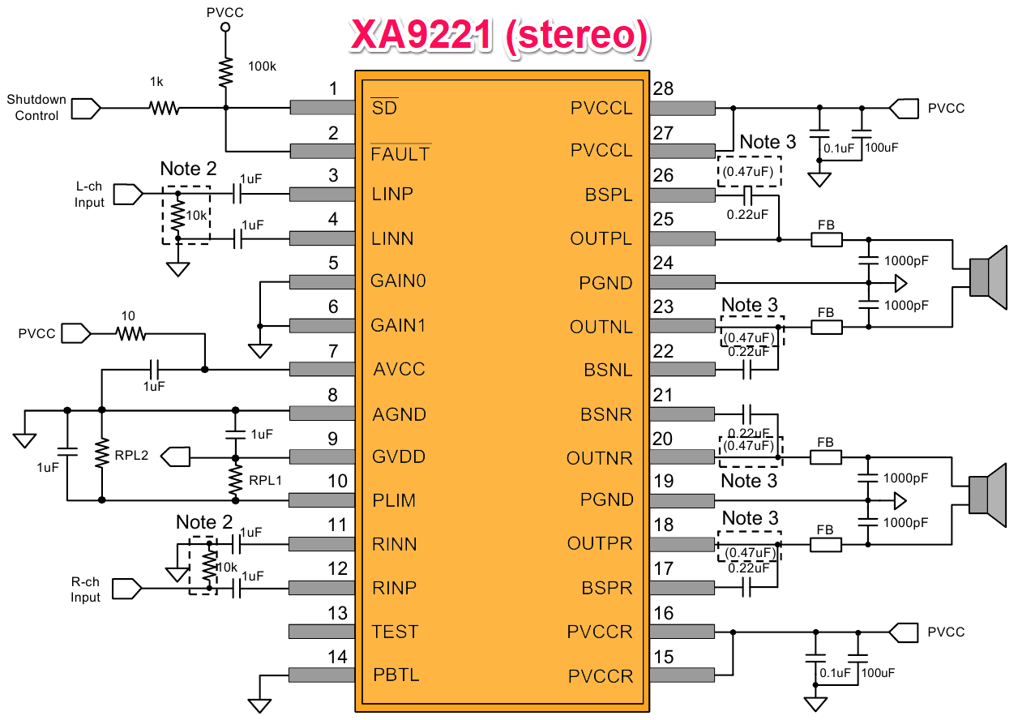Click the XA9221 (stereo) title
[500, 35]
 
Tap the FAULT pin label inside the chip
[400, 154]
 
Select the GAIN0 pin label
[398, 281]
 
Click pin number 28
[663, 88]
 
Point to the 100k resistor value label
[262, 66]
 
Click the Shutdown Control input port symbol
[86, 109]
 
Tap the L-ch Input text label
[89, 194]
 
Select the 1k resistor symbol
[164, 108]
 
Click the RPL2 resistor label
[131, 455]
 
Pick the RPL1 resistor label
[265, 480]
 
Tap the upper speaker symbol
[988, 277]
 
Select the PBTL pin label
[396, 675]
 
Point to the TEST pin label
[395, 632]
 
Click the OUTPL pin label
[601, 238]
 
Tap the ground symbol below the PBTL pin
[260, 705]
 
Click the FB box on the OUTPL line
[827, 239]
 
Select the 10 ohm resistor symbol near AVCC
[130, 334]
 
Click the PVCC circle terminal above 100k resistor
[225, 28]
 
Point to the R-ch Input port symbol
[127, 589]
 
